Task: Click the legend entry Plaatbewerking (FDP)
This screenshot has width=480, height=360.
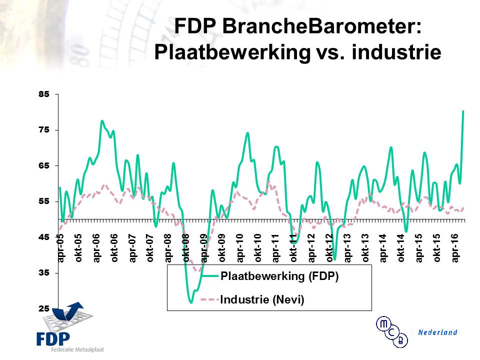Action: point(279,277)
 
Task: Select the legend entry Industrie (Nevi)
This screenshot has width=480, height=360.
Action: point(262,299)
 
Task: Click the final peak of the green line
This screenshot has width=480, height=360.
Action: point(463,111)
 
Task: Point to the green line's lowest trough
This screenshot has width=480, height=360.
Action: point(191,302)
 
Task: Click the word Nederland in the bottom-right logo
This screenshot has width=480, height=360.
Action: point(437,332)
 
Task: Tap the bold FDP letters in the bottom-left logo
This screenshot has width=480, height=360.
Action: point(52,338)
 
